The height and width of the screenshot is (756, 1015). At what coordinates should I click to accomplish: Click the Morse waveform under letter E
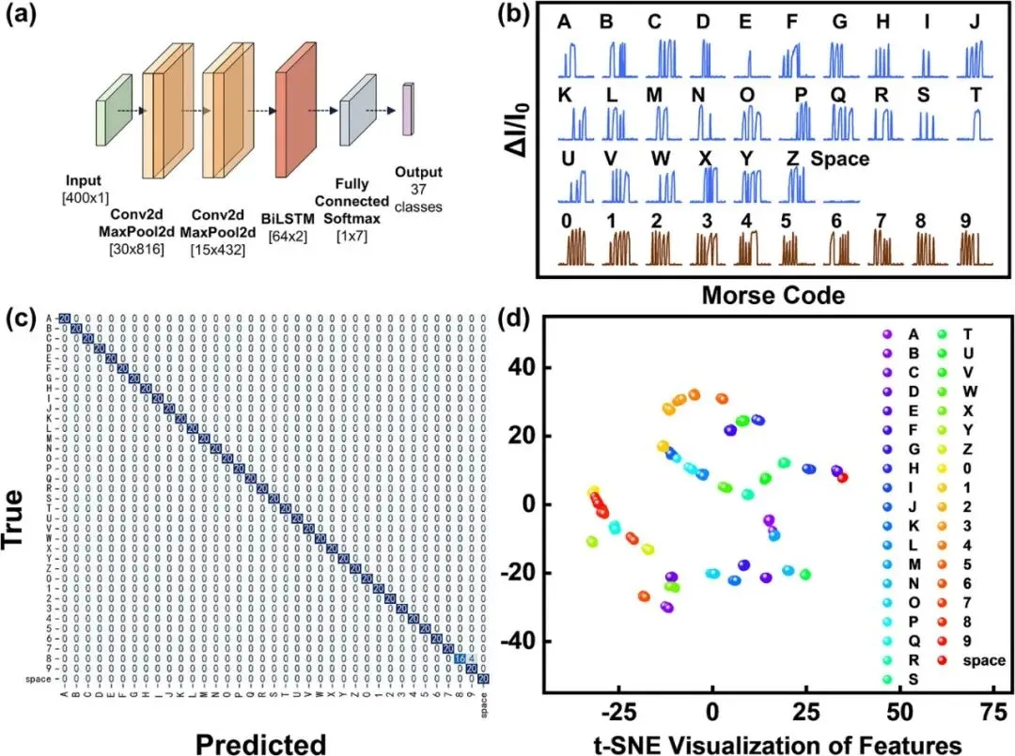(x=749, y=66)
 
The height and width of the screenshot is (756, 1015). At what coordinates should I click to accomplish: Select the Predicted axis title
(x=260, y=742)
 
